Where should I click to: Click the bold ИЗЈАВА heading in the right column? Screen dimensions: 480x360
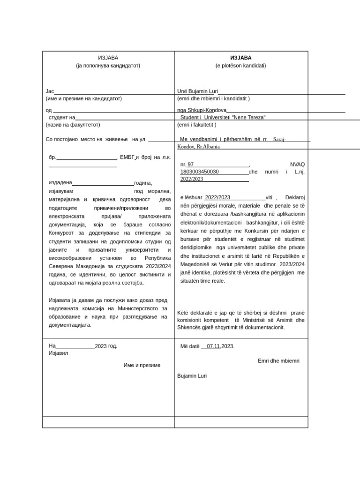[x=240, y=58]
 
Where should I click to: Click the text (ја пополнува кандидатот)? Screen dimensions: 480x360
[x=108, y=66]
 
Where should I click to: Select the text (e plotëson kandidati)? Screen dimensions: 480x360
[x=240, y=66]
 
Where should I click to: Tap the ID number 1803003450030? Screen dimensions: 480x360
[x=200, y=172]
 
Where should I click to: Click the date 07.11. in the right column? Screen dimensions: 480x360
[x=214, y=346]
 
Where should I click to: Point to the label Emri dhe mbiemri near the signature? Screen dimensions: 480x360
[x=278, y=360]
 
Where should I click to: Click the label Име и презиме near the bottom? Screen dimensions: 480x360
[x=142, y=365]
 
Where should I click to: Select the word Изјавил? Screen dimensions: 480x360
[x=59, y=353]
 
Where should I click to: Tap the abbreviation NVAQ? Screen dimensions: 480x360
[x=297, y=165]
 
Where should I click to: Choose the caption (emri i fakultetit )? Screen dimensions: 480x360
[x=197, y=125]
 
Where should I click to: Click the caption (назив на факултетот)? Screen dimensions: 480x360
[x=73, y=125]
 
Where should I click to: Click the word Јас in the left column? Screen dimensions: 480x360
[x=50, y=91]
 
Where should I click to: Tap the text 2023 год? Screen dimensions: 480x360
[x=106, y=346]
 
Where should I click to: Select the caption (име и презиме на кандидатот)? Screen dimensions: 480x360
[x=83, y=98]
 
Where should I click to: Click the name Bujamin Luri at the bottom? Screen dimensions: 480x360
[x=192, y=375]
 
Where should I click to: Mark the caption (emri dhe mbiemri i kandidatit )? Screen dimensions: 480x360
[x=213, y=98]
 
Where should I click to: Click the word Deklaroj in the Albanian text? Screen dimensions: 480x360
[x=295, y=198]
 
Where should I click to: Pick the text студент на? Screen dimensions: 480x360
[x=62, y=117]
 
